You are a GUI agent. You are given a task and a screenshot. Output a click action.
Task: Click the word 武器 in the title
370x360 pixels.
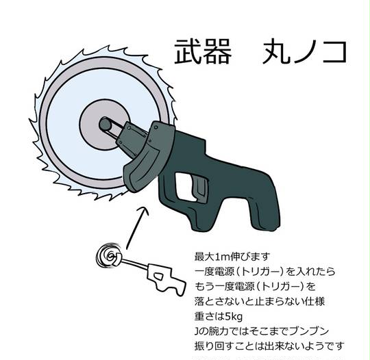pyautogui.click(x=202, y=51)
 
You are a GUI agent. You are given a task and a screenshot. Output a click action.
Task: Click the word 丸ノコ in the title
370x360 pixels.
pyautogui.click(x=304, y=51)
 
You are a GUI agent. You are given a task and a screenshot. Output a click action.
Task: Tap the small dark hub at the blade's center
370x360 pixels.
pyautogui.click(x=104, y=125)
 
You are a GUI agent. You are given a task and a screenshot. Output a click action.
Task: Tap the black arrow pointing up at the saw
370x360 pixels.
pyautogui.click(x=136, y=227)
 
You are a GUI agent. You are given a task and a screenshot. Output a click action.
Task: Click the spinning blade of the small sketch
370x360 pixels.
pyautogui.click(x=109, y=256)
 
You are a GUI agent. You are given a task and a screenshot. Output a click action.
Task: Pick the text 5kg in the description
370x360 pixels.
pyautogui.click(x=234, y=317)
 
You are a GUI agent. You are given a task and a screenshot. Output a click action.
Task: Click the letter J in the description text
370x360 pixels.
pyautogui.click(x=197, y=332)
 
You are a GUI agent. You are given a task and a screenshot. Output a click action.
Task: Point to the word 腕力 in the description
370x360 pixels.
pyautogui.click(x=214, y=331)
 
